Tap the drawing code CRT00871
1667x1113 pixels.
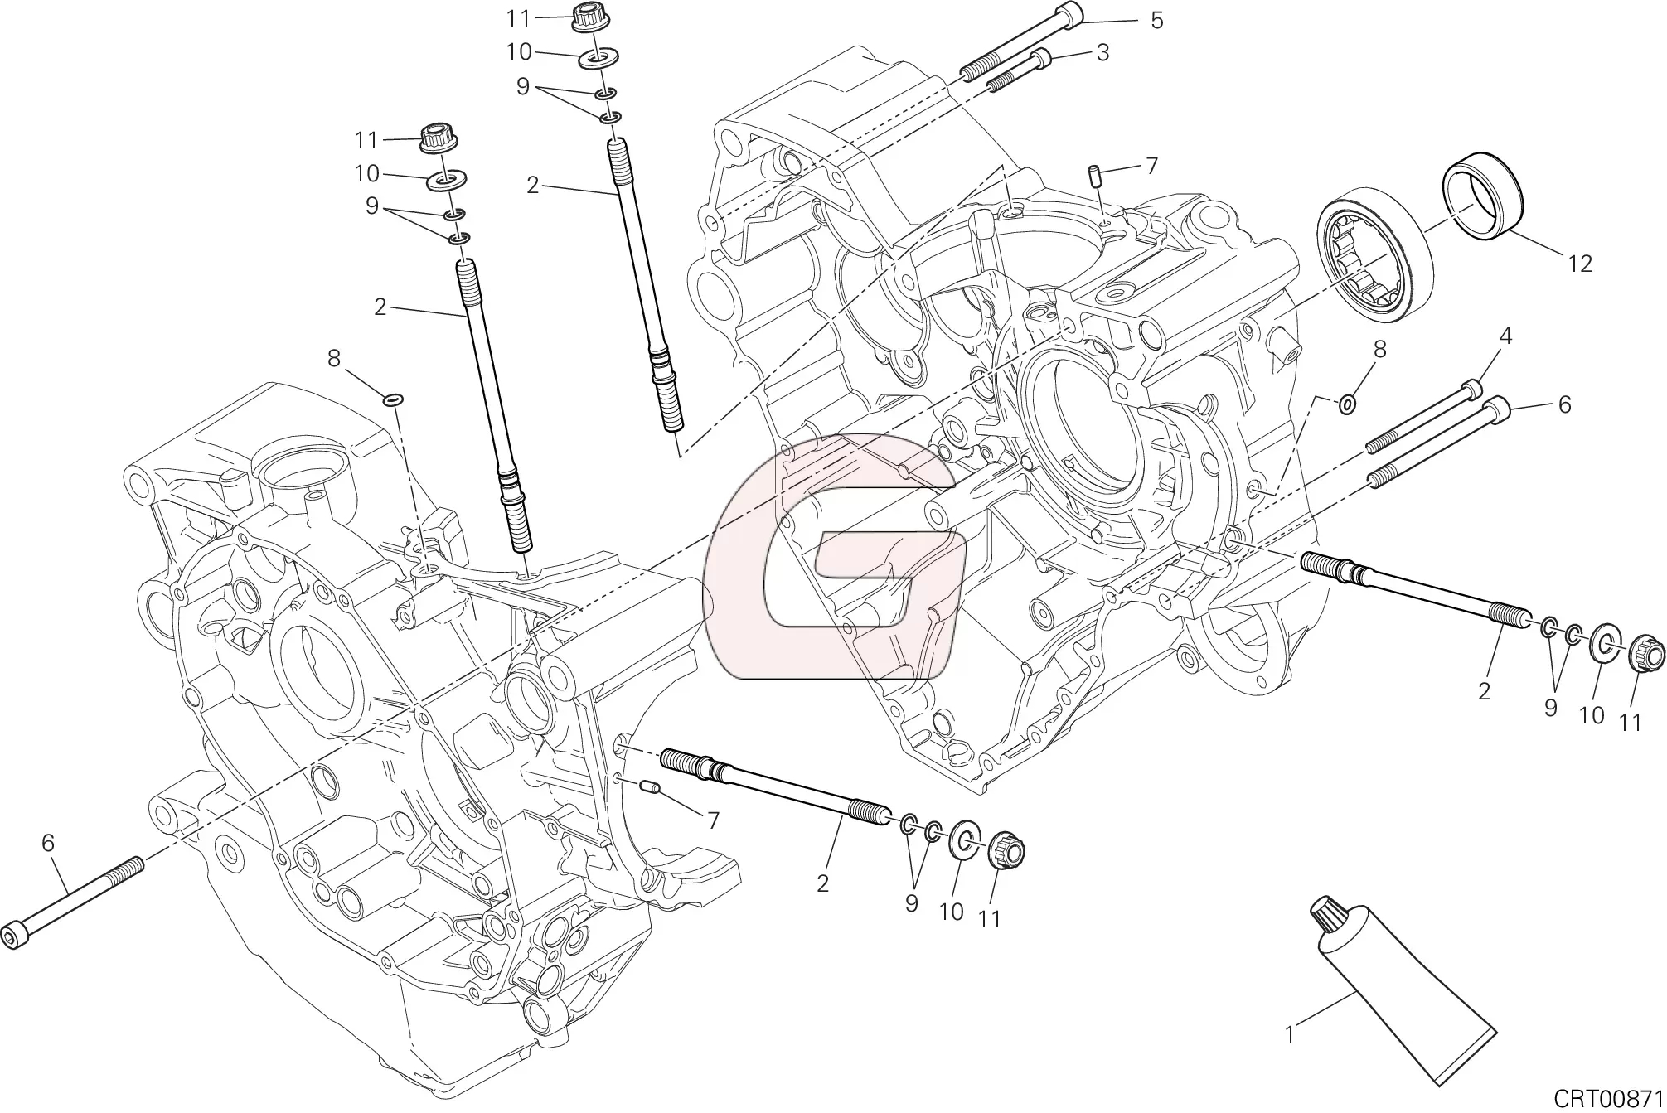(x=1608, y=1099)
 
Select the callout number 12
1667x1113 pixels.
(x=1580, y=264)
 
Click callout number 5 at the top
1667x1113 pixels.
(x=1156, y=21)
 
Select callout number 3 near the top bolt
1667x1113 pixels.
(x=1102, y=53)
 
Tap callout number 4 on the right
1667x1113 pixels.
(x=1505, y=336)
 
